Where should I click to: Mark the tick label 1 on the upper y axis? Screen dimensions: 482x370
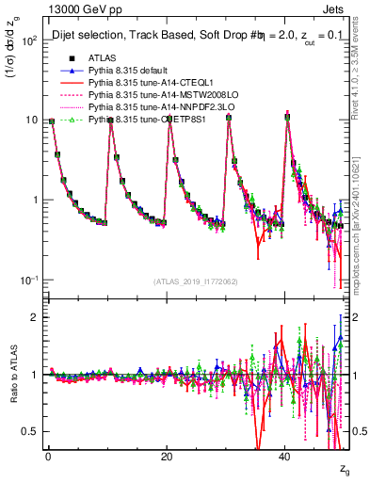33,201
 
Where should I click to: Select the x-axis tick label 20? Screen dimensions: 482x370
166,456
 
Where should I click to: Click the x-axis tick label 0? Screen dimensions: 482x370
48,456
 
